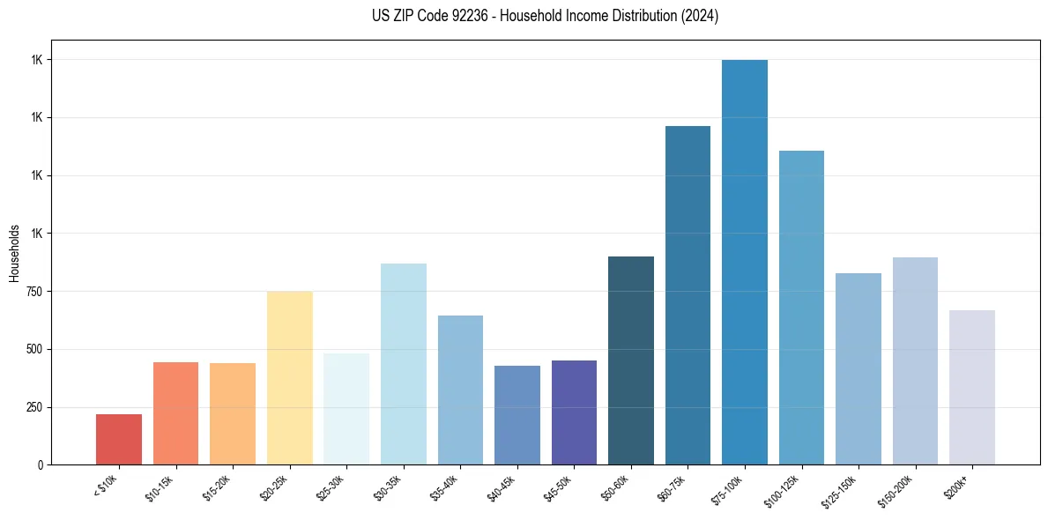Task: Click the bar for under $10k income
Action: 119,439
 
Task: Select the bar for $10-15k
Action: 175,413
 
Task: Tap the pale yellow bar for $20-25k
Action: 289,377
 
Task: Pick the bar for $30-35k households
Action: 403,364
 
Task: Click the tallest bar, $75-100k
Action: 745,262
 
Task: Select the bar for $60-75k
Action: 688,295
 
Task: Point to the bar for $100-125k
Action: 801,308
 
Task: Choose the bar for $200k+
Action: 972,387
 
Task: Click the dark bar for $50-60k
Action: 631,360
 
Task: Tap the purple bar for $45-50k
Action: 574,412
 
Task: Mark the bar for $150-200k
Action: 915,360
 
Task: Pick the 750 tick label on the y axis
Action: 35,292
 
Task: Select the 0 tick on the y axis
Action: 41,464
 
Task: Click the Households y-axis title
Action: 14,253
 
